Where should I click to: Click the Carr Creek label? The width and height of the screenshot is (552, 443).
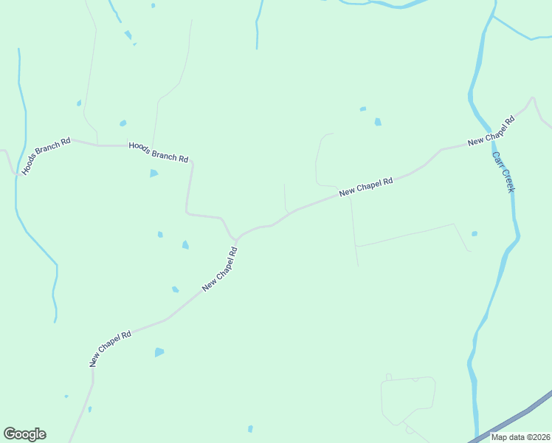[x=503, y=173]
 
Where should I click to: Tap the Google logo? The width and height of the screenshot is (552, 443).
[x=24, y=434]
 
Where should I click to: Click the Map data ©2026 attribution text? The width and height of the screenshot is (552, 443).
[x=520, y=436]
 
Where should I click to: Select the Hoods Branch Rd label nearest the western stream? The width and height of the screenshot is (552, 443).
[x=46, y=155]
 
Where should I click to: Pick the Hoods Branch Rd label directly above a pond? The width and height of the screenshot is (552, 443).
[x=158, y=152]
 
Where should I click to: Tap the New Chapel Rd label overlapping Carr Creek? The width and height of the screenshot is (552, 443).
[x=490, y=131]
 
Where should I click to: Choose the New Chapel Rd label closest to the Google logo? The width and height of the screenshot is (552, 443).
[x=110, y=348]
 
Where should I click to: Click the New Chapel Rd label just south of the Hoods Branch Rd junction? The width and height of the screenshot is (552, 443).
[x=221, y=268]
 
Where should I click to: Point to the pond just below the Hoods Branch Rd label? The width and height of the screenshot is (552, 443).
[x=153, y=174]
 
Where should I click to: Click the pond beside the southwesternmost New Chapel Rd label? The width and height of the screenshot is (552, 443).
[x=159, y=352]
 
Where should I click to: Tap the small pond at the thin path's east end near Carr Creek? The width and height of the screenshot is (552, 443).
[x=475, y=234]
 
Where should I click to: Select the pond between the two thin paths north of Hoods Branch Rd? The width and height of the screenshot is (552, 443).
[x=123, y=123]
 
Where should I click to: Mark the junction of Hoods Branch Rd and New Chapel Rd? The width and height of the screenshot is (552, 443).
[x=235, y=239]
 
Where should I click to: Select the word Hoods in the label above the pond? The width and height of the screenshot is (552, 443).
[x=139, y=148]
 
